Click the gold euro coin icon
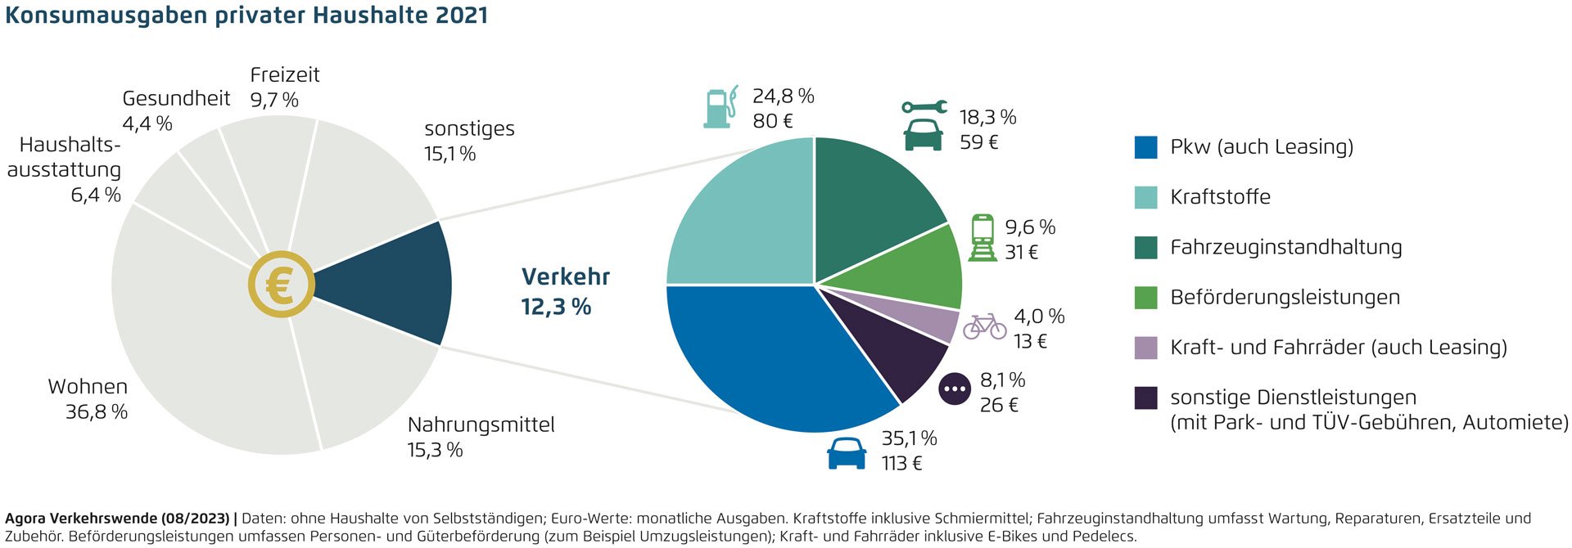pyautogui.click(x=282, y=285)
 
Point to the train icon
pyautogui.click(x=982, y=238)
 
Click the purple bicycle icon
pyautogui.click(x=984, y=326)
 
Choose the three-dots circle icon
pyautogui.click(x=955, y=389)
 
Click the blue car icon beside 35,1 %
pyautogui.click(x=847, y=452)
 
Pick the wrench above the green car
pyautogui.click(x=924, y=107)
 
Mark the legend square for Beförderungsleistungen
pyautogui.click(x=1145, y=298)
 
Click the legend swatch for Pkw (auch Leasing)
pyautogui.click(x=1145, y=147)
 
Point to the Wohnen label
pyautogui.click(x=88, y=387)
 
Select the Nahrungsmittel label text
pyautogui.click(x=481, y=425)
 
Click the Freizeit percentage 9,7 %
pyautogui.click(x=274, y=101)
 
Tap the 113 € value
pyautogui.click(x=901, y=464)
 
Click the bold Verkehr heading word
pyautogui.click(x=566, y=277)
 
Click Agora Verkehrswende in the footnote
pyautogui.click(x=81, y=519)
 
